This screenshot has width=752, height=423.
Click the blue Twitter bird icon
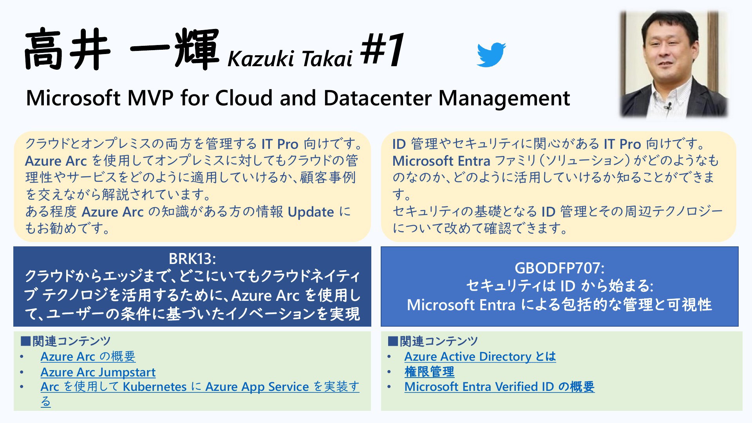click(x=491, y=55)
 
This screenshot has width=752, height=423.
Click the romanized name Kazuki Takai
click(x=290, y=59)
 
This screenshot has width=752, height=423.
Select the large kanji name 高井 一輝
click(x=121, y=50)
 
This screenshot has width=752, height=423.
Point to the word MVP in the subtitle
click(x=150, y=98)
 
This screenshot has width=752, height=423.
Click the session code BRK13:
click(x=192, y=258)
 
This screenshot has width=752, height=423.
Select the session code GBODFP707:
click(x=559, y=268)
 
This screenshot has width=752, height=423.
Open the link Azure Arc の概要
click(x=88, y=356)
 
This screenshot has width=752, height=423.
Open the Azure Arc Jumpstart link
click(x=98, y=372)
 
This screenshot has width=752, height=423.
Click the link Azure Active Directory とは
click(x=480, y=356)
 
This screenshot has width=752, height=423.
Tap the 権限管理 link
click(x=429, y=372)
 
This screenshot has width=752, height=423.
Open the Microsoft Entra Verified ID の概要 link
click(x=499, y=387)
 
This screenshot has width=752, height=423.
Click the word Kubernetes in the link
click(x=155, y=387)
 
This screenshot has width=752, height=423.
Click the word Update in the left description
click(x=311, y=212)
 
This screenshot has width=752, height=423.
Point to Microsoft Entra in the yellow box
click(x=441, y=161)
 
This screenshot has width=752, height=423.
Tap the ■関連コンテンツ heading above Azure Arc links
click(x=66, y=341)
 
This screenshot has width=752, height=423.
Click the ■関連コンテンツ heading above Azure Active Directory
click(x=433, y=341)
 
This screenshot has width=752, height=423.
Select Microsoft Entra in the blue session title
click(x=461, y=305)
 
